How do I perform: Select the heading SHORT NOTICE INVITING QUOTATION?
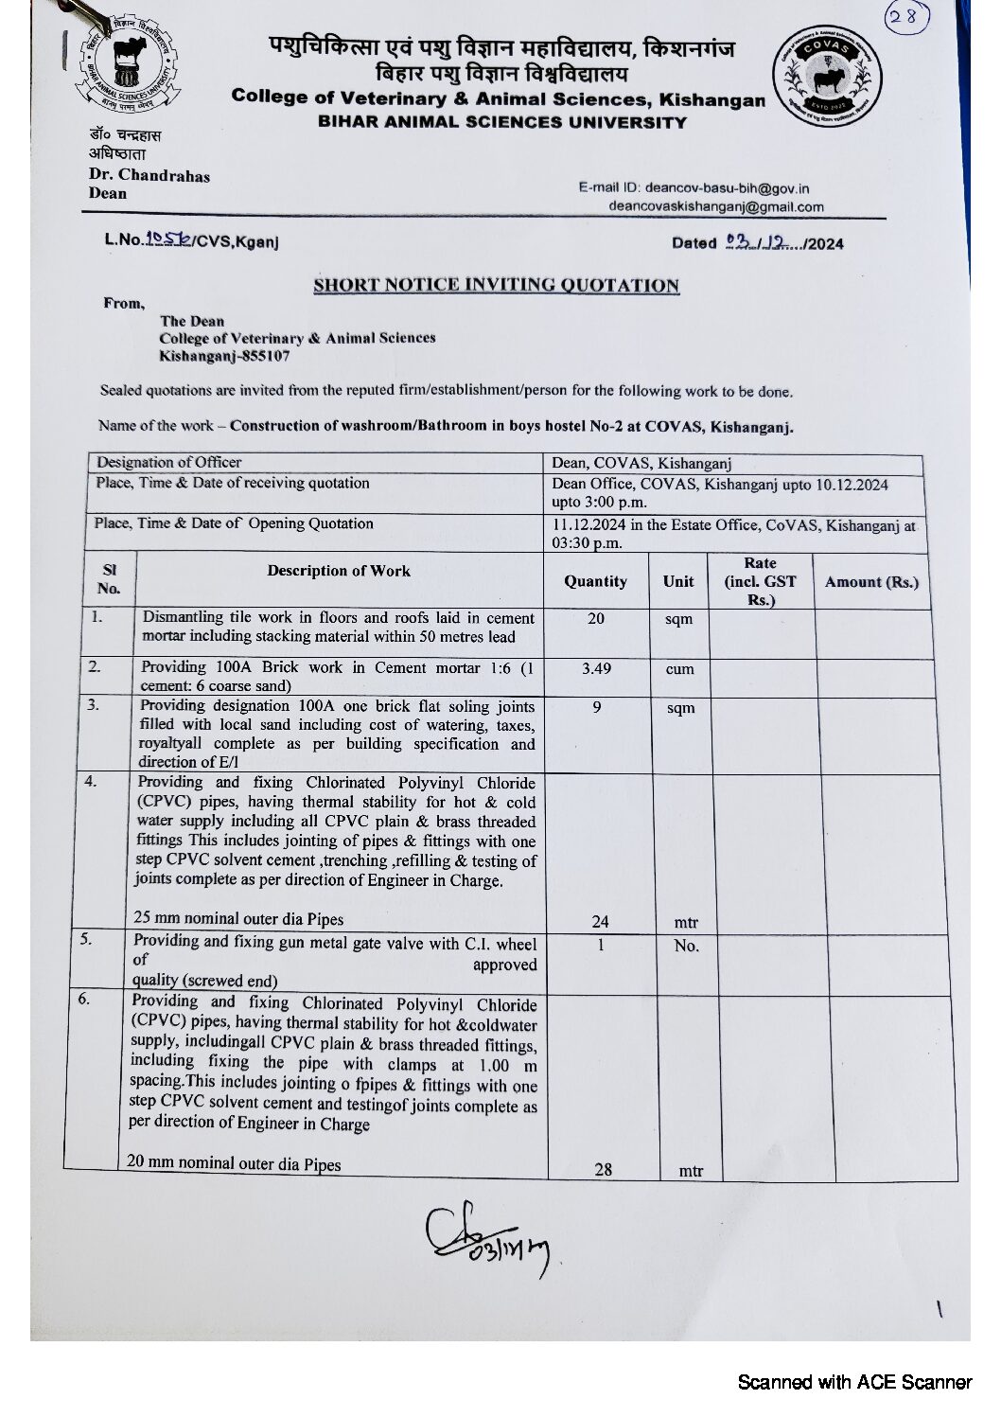pyautogui.click(x=497, y=285)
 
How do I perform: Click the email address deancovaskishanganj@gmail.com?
pyautogui.click(x=716, y=206)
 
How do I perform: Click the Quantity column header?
pyautogui.click(x=595, y=581)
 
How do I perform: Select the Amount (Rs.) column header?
pyautogui.click(x=870, y=582)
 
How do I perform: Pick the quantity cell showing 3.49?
pyautogui.click(x=596, y=668)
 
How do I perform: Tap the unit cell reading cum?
pyautogui.click(x=679, y=669)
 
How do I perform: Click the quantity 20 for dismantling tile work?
pyautogui.click(x=595, y=618)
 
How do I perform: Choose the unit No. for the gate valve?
pyautogui.click(x=686, y=946)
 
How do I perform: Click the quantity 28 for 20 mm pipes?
pyautogui.click(x=603, y=1169)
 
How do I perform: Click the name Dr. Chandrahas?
pyautogui.click(x=149, y=175)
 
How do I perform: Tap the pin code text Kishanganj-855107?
pyautogui.click(x=224, y=357)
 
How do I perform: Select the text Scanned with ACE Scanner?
pyautogui.click(x=854, y=1382)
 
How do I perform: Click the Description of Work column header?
pyautogui.click(x=339, y=571)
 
